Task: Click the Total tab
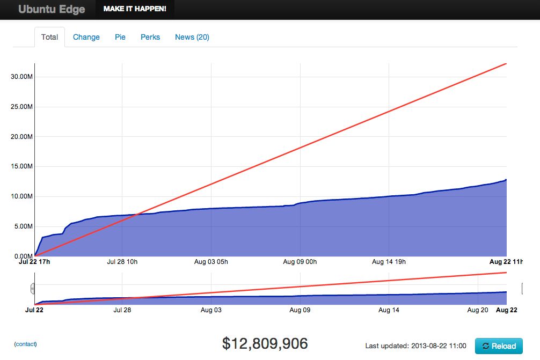coord(49,37)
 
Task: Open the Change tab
coord(86,37)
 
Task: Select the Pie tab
coord(120,37)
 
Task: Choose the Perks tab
coord(150,37)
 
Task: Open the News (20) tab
coord(192,37)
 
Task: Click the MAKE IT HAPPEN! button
coord(135,9)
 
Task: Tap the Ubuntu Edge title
coord(52,9)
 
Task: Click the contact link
coord(26,344)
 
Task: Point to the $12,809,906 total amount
coord(265,344)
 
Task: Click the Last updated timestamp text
coord(415,346)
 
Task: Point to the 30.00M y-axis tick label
coord(22,77)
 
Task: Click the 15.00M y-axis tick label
coord(22,166)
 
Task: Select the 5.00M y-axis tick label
coord(24,226)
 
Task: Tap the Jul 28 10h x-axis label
coord(122,262)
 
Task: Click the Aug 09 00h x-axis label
coord(300,262)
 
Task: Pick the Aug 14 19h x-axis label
coord(389,262)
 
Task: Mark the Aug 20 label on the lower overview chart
coord(478,310)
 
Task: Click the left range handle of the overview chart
coord(32,289)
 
